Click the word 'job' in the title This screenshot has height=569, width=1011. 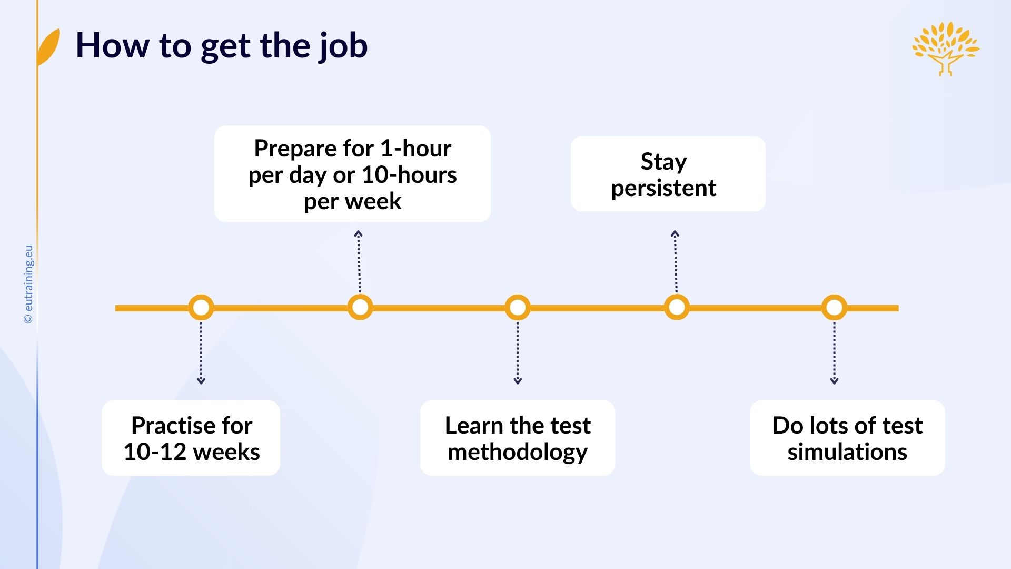(x=343, y=47)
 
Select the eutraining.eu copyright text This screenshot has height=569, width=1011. (x=28, y=284)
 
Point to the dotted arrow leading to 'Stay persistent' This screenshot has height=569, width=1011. (x=676, y=262)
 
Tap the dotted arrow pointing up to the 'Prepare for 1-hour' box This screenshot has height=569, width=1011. (x=359, y=262)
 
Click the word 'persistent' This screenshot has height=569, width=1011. (x=663, y=189)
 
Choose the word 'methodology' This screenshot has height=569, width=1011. (x=518, y=453)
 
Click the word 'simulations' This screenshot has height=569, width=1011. (x=847, y=452)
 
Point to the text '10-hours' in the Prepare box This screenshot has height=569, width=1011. (x=409, y=175)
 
